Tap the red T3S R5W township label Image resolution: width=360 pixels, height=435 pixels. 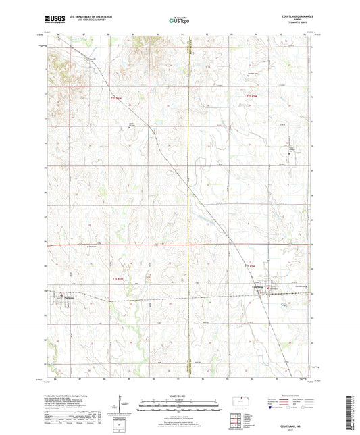pyautogui.click(x=251, y=267)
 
